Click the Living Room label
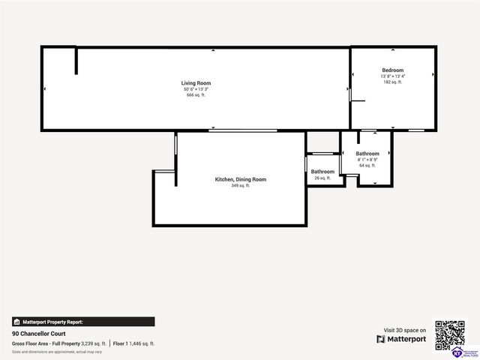tap(196, 82)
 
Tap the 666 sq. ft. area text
tap(196, 95)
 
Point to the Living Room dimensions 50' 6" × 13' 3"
tap(196, 89)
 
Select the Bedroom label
tap(392, 70)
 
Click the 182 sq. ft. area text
tap(392, 82)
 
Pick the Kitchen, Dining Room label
tap(241, 179)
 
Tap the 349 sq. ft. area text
tap(241, 185)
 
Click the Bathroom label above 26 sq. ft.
tap(322, 172)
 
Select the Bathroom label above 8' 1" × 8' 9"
tap(367, 154)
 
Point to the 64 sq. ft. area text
tap(367, 166)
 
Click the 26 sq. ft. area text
tap(322, 178)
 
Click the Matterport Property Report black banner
tap(82, 321)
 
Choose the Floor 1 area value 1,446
tap(141, 343)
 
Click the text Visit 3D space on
tap(405, 330)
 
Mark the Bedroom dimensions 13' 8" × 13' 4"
tap(392, 76)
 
